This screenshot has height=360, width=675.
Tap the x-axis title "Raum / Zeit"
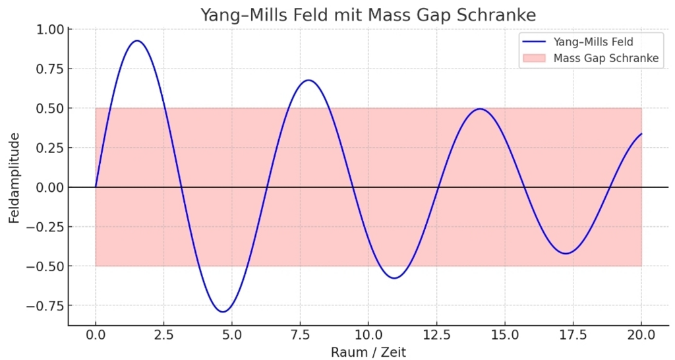click(368, 352)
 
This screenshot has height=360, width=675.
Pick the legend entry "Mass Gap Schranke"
click(606, 58)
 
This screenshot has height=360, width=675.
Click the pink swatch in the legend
click(534, 58)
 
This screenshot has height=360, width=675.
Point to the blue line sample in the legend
click(534, 42)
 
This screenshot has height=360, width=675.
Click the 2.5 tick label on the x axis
click(163, 335)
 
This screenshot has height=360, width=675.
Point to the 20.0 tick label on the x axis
click(641, 335)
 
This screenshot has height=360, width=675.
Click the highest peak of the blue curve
click(137, 41)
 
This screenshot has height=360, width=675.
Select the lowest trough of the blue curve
click(223, 312)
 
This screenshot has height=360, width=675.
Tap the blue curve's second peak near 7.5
click(308, 80)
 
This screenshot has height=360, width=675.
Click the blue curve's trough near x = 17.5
click(565, 254)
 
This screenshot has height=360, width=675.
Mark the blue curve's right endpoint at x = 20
click(641, 134)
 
